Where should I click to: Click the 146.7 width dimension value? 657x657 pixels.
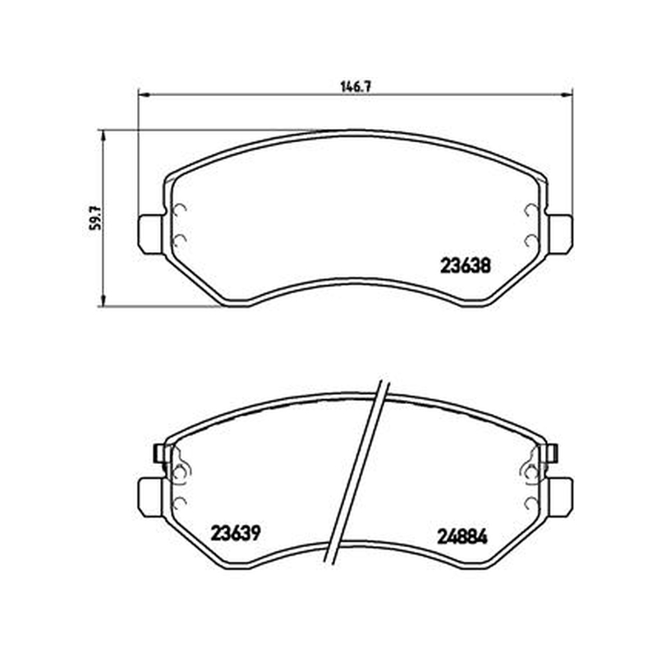[x=356, y=87]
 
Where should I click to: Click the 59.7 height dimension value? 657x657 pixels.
[x=96, y=218]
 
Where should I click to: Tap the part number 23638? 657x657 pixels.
[x=465, y=265]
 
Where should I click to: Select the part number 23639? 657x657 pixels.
[x=236, y=533]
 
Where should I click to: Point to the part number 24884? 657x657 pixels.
[x=462, y=537]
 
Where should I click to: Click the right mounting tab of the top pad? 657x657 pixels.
[x=559, y=234]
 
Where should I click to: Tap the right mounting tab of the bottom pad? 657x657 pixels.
[x=559, y=498]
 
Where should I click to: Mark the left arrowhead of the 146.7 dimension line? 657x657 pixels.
[x=143, y=95]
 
